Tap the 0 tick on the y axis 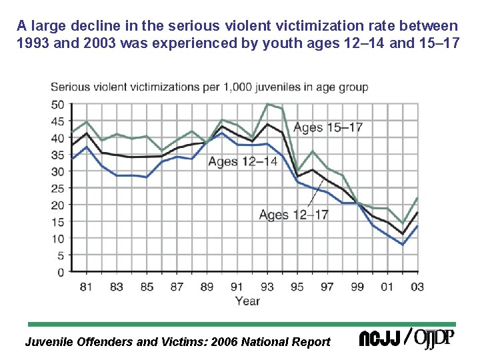point(61,272)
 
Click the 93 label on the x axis point(268,287)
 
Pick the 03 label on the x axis point(417,287)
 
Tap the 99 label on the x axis point(358,287)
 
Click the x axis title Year point(247,301)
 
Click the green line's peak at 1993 point(268,104)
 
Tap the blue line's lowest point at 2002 point(403,245)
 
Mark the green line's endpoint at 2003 point(417,197)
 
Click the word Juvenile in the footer point(49,342)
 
